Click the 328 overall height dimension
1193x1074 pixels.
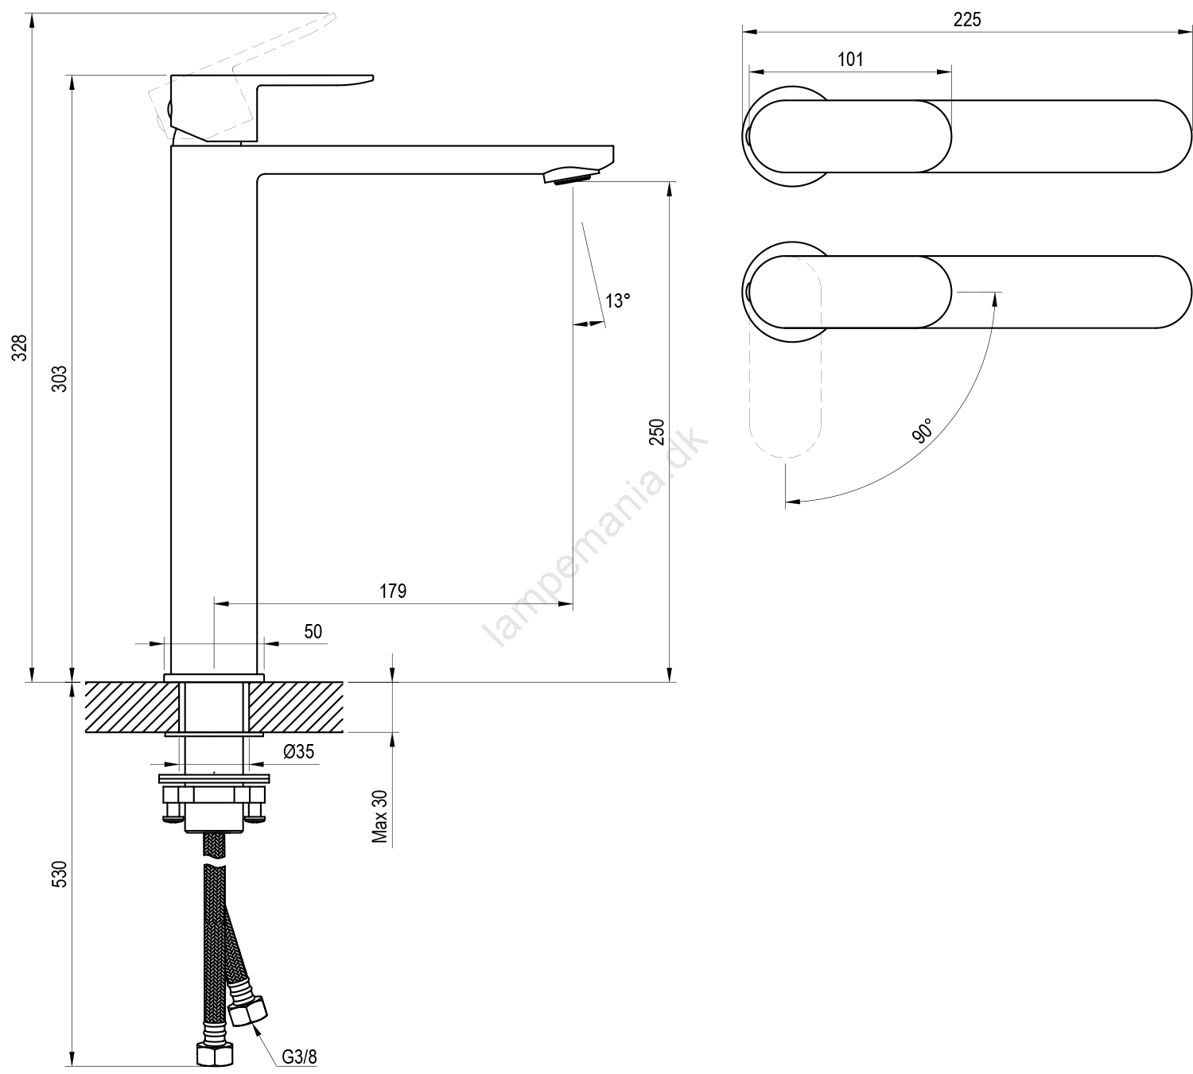point(21,347)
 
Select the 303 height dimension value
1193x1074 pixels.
point(62,378)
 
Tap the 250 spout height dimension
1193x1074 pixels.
point(657,432)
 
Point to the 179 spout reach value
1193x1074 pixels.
point(393,591)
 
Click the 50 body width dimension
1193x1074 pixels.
point(313,631)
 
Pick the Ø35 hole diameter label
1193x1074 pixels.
point(299,751)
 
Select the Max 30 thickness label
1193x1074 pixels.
point(380,816)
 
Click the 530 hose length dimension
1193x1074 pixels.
point(62,874)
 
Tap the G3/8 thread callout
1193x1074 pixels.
point(299,1057)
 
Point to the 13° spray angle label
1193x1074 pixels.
point(617,301)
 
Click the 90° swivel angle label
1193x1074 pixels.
point(923,432)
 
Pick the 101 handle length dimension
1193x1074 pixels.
point(850,60)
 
